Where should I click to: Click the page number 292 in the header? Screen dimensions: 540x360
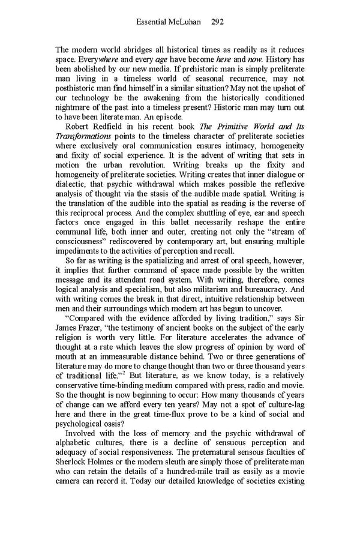218,22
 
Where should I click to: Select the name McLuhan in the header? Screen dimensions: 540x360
188,22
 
